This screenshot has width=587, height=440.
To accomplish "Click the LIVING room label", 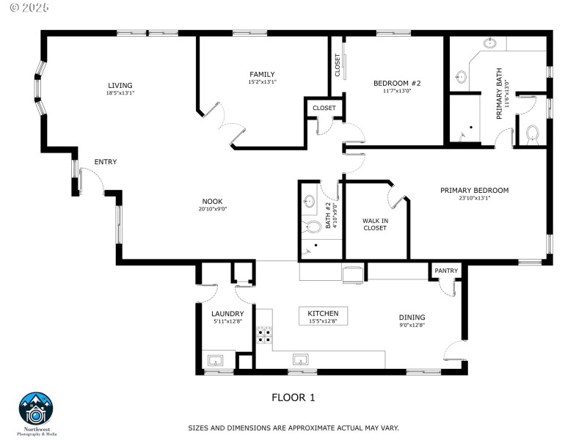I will [120, 85].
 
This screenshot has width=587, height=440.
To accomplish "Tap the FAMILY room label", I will [262, 74].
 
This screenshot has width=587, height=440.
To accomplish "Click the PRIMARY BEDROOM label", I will [474, 190].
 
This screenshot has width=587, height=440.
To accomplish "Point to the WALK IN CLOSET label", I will [374, 224].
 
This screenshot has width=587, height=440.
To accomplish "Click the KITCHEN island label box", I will [324, 316].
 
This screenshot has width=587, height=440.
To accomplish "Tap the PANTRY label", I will [446, 271].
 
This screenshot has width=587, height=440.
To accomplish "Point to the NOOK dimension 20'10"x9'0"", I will [212, 209].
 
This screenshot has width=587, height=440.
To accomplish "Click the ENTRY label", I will [105, 162].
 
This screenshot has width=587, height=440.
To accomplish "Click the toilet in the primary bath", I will [533, 134].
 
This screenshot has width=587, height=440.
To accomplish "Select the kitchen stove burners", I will [264, 336].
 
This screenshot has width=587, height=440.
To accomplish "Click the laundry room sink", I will [216, 360].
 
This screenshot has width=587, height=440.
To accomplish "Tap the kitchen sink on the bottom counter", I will [301, 360].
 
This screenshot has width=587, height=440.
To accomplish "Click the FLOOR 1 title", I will [293, 398].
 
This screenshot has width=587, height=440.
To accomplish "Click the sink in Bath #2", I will [309, 200].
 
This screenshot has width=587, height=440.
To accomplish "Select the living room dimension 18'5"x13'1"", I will [120, 93].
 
